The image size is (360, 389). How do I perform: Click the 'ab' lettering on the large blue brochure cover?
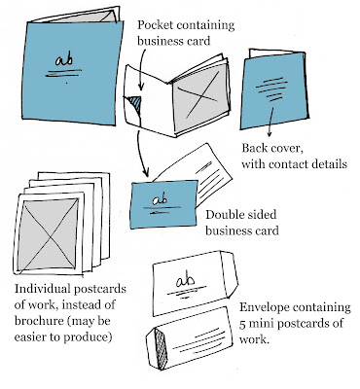pos(64,59)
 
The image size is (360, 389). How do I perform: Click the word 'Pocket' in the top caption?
pos(155,25)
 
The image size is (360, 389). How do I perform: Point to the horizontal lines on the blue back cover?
pos(271,88)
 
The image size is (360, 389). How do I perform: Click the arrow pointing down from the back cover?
pos(270,122)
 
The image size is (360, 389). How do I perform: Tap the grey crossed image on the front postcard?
pos(49,234)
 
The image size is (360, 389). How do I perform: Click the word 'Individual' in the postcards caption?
pos(42,289)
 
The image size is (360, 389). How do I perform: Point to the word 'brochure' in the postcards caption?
pos(36,321)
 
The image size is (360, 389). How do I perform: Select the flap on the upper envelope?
pos(230,274)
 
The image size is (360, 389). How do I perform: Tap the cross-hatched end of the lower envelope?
pos(162,348)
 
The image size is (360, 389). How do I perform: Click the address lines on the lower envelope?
pos(198,340)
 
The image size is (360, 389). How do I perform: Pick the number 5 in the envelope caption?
pos(242,324)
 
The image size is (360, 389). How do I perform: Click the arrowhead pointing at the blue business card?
pos(146,172)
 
